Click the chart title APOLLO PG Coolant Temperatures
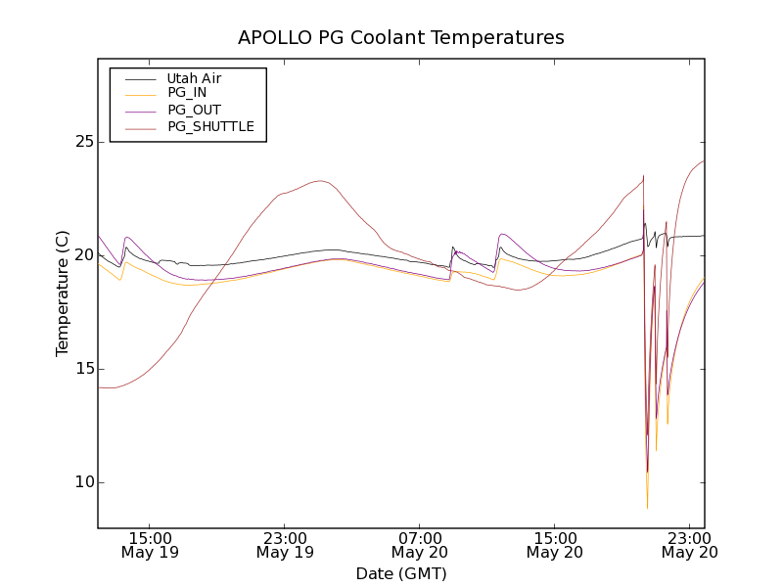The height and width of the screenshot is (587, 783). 401,38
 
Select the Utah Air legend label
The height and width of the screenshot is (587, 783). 194,78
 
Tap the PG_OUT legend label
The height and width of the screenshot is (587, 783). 194,111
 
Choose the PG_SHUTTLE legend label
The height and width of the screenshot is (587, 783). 210,127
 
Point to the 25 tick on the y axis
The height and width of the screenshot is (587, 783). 82,142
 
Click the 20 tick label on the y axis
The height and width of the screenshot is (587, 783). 82,255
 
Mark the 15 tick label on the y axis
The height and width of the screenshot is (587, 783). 82,369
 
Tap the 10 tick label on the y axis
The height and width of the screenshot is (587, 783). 82,482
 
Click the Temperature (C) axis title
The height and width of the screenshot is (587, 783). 63,293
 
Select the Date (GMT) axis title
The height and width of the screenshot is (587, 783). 401,573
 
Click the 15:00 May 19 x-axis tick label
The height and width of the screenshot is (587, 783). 152,545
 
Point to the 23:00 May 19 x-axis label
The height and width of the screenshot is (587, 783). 286,545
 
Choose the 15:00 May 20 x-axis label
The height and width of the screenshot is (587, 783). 555,545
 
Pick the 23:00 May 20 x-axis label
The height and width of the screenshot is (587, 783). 689,545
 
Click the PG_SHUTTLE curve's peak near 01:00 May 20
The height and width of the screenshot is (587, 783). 319,180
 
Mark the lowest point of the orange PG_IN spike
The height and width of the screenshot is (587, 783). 647,509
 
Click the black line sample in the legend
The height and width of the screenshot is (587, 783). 137,78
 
